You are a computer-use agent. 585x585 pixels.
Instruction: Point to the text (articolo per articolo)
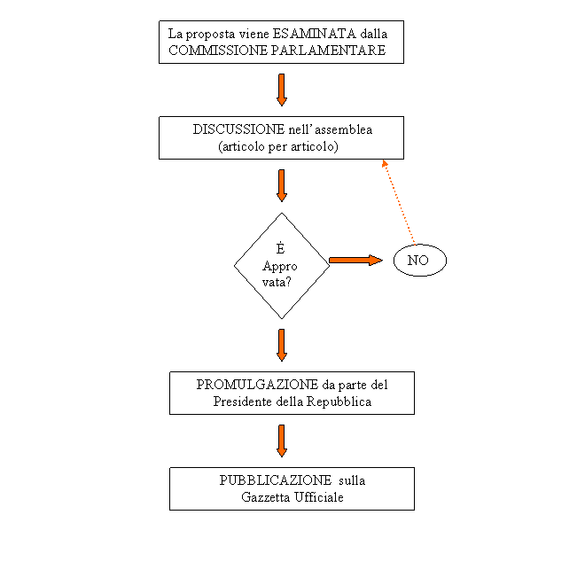278,146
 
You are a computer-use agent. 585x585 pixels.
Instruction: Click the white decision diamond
282,266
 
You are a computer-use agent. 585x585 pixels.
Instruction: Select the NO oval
418,261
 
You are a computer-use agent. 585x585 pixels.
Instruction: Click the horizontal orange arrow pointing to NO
354,261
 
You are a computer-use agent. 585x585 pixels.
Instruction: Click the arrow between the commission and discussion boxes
282,90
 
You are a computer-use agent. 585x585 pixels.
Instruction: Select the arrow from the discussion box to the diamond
282,185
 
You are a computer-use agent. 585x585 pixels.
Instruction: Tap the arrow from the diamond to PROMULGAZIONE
282,344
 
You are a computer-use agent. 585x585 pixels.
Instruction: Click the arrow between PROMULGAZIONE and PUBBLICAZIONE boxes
282,440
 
